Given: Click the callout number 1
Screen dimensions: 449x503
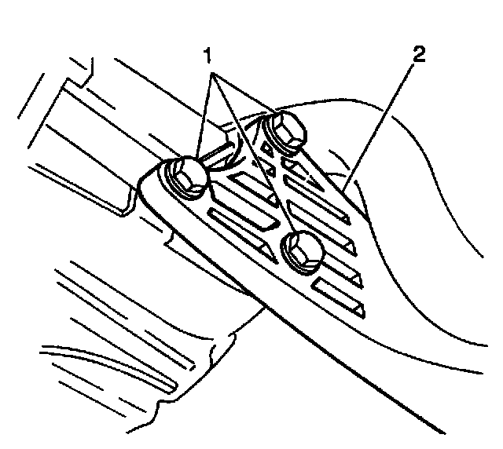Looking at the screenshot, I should tap(207, 57).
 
